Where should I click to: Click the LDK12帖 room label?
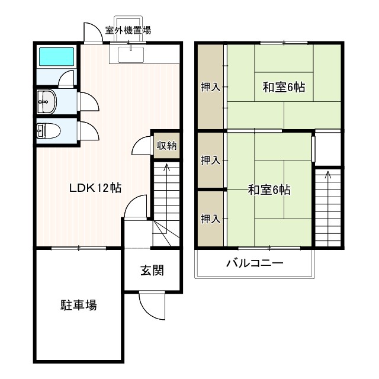pos(95,188)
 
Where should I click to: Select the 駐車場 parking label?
pos(78,306)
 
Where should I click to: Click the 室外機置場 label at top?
pos(128,30)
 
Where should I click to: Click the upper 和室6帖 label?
pos(284,87)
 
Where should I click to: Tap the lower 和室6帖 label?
pos(269,190)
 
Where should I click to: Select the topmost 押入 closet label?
pos(210,87)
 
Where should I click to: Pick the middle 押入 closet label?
pos(210,160)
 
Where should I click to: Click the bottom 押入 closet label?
pos(210,219)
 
